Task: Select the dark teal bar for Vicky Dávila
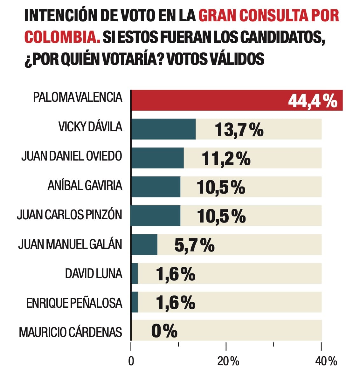point(163,129)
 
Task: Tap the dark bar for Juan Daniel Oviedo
point(157,158)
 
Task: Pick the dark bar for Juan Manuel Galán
point(144,244)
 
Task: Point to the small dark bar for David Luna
point(135,273)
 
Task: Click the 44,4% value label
point(313,101)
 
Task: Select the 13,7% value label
point(239,130)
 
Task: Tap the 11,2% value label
point(226,159)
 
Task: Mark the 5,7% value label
point(194,245)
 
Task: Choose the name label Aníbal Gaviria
point(85,186)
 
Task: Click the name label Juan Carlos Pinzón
point(70,215)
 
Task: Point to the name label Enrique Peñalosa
point(74,303)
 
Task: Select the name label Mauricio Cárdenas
point(71,332)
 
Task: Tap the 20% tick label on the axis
point(228,361)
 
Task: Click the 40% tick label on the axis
point(326,361)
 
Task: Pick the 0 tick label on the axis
point(131,362)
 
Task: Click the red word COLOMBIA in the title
point(62,37)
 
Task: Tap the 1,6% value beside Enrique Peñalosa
point(175,302)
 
